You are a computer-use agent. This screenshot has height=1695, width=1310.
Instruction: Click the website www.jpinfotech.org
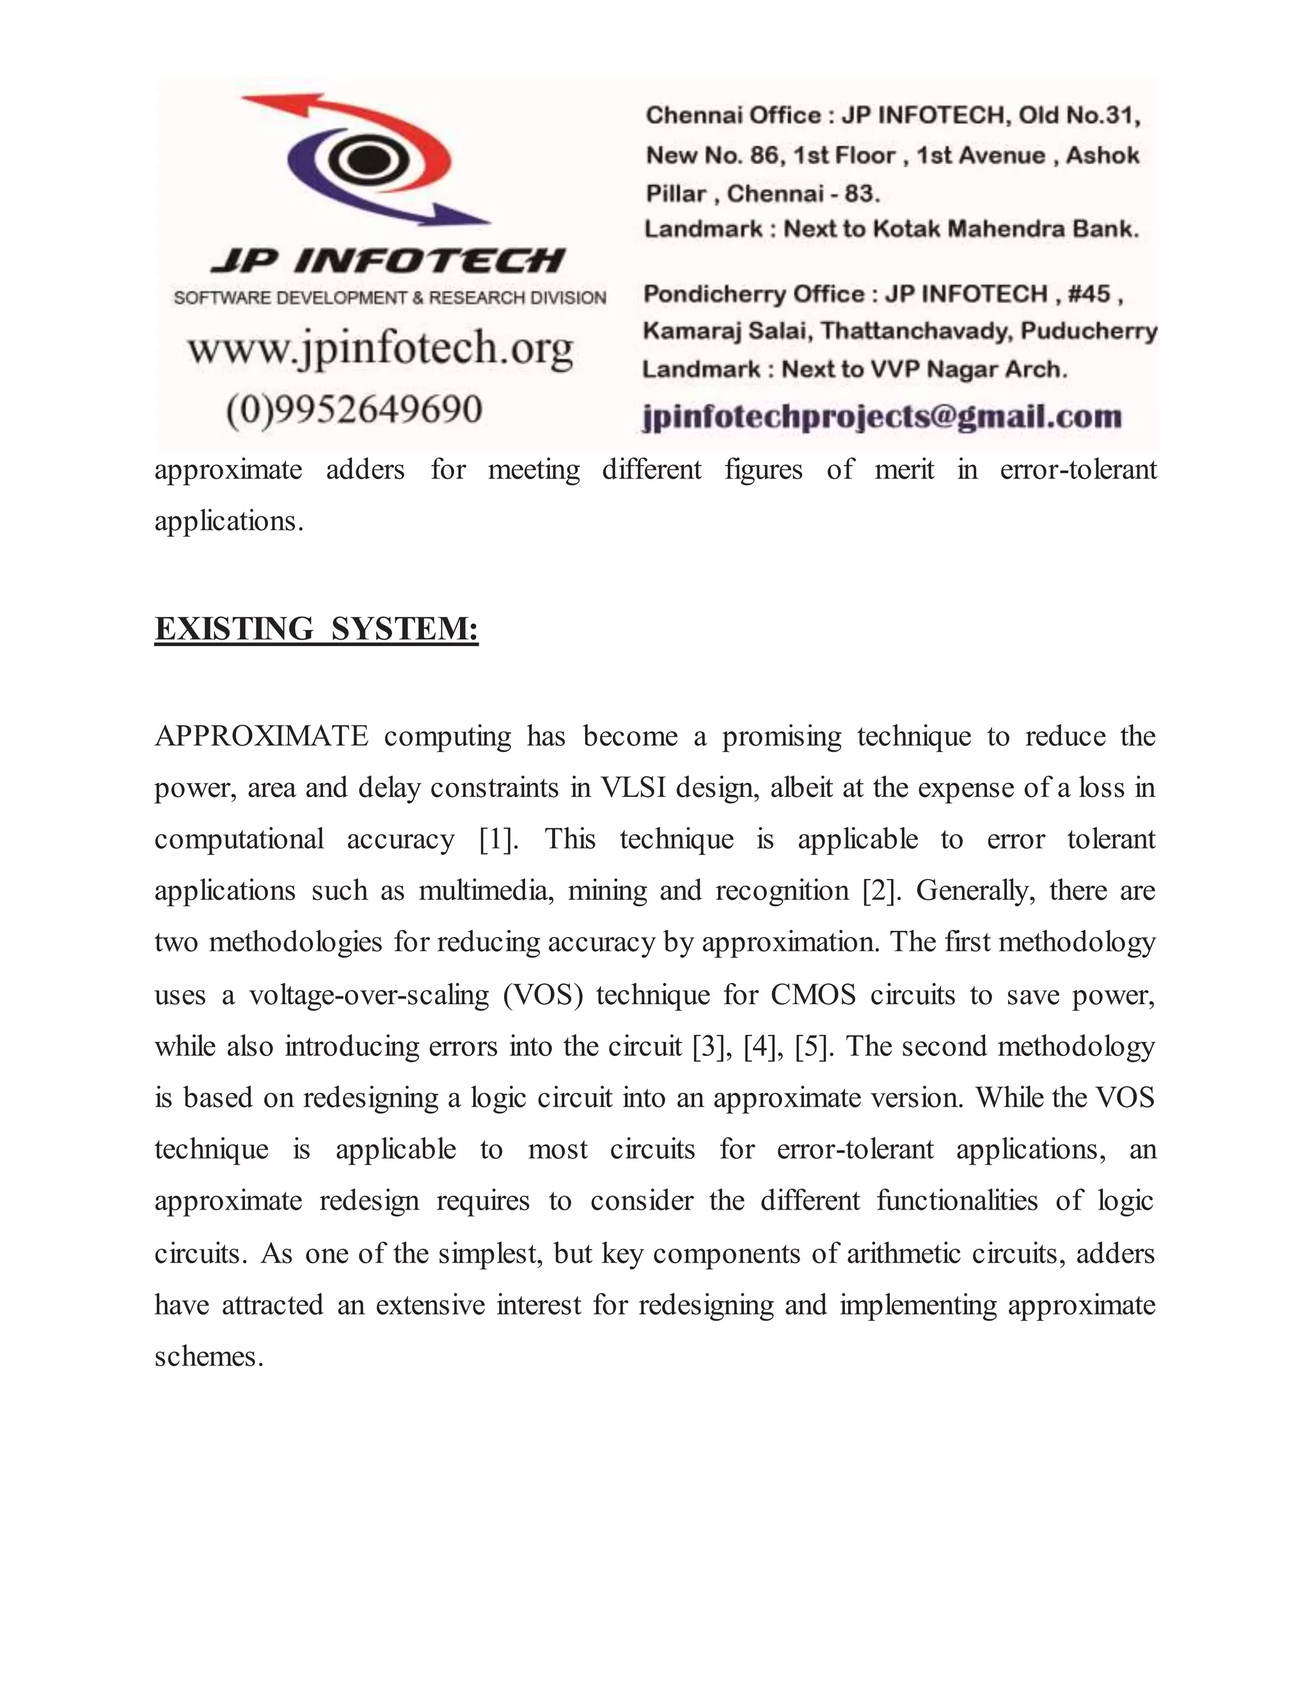381,349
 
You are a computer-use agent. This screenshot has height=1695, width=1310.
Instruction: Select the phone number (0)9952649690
354,409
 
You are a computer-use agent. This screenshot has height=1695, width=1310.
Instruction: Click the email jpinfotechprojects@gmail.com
882,417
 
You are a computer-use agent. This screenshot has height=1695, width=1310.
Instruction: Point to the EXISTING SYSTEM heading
317,629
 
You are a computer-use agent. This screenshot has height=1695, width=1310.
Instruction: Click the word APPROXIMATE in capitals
262,736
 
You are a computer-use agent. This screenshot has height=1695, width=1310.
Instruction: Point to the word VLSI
633,788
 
